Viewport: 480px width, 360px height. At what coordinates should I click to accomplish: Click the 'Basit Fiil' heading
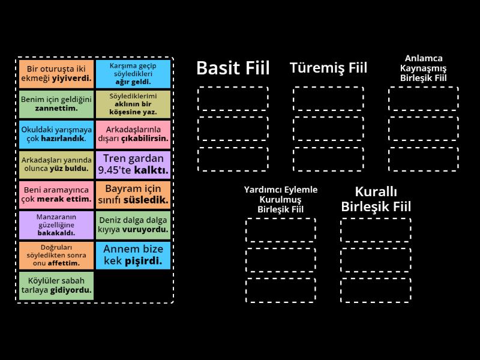click(233, 68)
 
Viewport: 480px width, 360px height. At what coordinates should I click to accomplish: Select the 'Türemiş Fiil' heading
click(328, 68)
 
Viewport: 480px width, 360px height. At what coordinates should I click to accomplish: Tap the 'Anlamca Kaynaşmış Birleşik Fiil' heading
click(424, 68)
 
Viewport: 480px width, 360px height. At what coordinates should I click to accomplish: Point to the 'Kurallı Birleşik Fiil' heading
click(376, 199)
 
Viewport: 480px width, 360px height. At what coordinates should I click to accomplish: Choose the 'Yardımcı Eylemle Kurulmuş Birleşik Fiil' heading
click(281, 199)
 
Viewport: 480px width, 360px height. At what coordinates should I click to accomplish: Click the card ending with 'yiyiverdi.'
click(56, 73)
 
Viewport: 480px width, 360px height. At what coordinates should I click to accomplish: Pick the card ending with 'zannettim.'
click(56, 104)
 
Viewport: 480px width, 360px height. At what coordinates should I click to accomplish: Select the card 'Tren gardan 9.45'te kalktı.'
click(133, 164)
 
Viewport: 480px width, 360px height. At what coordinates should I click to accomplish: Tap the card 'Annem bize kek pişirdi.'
click(133, 255)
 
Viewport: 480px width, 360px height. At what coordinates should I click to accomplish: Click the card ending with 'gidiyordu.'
click(56, 286)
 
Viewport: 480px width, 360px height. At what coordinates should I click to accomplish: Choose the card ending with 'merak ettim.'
click(56, 194)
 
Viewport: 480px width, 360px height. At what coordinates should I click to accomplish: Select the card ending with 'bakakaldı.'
click(56, 225)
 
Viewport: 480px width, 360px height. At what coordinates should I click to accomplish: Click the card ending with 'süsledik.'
click(133, 194)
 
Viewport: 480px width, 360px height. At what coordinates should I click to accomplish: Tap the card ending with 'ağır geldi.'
click(133, 73)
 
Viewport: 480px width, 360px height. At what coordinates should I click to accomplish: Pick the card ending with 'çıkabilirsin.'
click(133, 134)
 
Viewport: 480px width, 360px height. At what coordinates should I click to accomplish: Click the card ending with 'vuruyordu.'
click(133, 225)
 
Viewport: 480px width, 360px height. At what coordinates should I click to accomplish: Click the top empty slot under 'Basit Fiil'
click(233, 98)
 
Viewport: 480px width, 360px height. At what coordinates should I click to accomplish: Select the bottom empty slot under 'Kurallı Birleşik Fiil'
click(376, 290)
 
